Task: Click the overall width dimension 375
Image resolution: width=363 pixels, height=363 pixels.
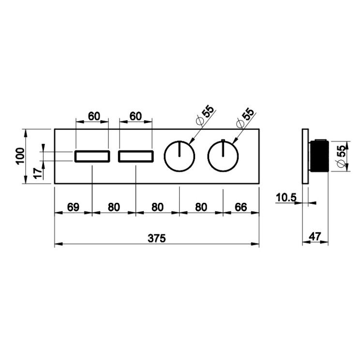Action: [157, 238]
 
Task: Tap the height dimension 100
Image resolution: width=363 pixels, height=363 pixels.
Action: [20, 155]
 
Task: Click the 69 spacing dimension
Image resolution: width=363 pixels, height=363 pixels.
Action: [73, 207]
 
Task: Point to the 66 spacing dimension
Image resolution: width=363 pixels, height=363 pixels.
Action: [241, 207]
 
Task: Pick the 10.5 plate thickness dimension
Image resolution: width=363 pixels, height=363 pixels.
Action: [286, 197]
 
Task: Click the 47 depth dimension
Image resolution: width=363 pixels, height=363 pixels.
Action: [315, 236]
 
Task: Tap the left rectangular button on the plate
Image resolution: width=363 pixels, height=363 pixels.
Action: [92, 156]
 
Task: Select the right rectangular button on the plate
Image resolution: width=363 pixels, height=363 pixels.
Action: [136, 156]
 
